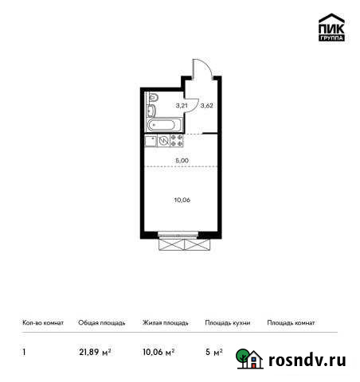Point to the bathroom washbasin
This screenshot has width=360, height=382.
[151, 111]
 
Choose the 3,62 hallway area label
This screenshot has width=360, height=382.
[205, 105]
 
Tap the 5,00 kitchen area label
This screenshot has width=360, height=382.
[182, 160]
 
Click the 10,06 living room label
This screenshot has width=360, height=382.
[182, 201]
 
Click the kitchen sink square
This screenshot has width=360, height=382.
[151, 140]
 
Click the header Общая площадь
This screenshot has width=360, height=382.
[101, 323]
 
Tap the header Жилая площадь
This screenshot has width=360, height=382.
[165, 323]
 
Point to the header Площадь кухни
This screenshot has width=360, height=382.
[228, 323]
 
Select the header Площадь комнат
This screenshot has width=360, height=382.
[292, 323]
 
